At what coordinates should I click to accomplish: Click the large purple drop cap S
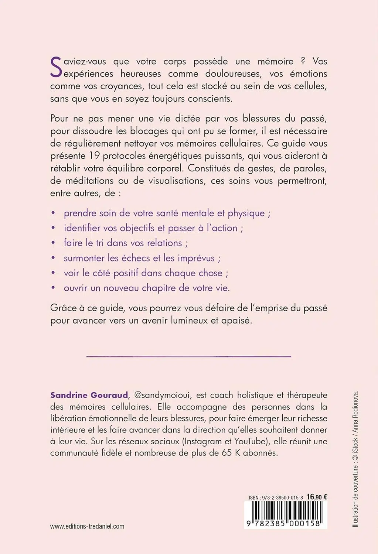click(x=56, y=67)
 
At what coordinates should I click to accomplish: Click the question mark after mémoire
click(x=303, y=61)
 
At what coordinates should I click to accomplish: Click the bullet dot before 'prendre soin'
click(x=53, y=213)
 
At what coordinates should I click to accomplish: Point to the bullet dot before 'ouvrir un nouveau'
click(x=53, y=288)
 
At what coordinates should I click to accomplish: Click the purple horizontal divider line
click(x=188, y=356)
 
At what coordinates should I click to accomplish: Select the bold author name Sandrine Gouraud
click(x=89, y=395)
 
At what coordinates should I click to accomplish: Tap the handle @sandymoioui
click(x=162, y=395)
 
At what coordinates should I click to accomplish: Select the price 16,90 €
click(x=317, y=497)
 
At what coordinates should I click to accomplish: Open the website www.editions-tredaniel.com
click(x=87, y=526)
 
